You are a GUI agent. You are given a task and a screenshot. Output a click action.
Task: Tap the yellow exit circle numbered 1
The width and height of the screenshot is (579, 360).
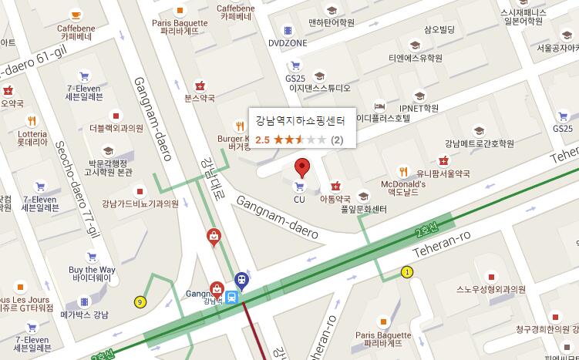point(406,271)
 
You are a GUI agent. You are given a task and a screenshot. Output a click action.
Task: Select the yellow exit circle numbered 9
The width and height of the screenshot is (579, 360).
point(140,301)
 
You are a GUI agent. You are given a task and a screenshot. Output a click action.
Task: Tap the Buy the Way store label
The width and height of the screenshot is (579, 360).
point(92,273)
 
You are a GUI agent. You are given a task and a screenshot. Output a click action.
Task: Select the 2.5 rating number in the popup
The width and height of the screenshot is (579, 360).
point(262,140)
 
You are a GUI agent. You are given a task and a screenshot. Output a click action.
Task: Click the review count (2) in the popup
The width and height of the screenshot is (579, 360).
point(337,140)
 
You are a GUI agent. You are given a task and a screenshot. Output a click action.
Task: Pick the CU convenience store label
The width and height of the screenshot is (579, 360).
point(300,199)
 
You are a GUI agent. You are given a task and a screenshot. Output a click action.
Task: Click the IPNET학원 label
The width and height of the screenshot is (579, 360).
point(419,108)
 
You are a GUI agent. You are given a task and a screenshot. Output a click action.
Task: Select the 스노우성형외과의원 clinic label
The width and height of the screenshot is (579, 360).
point(490,290)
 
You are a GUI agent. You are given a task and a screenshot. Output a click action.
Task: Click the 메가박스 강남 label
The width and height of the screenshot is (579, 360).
point(84,315)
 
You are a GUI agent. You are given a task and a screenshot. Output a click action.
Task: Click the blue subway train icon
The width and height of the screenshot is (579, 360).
point(241,278)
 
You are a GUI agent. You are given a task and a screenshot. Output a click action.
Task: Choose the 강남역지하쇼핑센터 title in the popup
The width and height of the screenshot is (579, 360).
point(300,121)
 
